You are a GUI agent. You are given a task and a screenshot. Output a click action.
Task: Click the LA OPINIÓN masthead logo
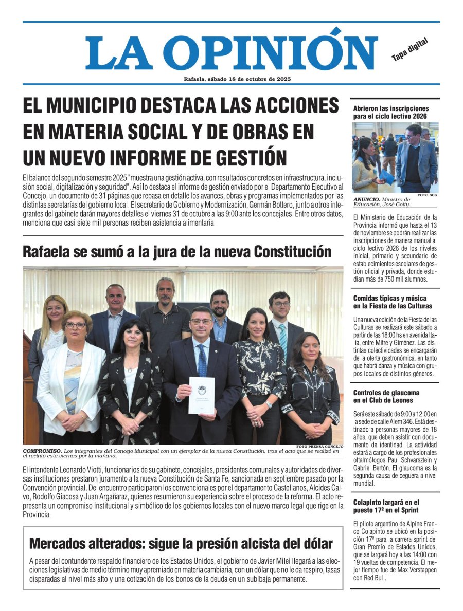point(232,51)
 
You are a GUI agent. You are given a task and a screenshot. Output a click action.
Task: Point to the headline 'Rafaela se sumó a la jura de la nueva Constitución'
point(177,252)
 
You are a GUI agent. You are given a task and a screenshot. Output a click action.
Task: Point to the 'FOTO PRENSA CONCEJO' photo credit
point(319,446)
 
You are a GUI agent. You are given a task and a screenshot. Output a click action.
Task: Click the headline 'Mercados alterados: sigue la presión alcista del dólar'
point(181,544)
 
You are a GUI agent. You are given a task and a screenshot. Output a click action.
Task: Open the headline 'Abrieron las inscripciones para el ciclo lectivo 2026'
point(391,113)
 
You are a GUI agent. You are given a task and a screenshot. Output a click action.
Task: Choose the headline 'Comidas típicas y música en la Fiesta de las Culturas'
point(389,302)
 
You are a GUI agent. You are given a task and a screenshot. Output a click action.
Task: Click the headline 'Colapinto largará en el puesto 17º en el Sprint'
point(386,506)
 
